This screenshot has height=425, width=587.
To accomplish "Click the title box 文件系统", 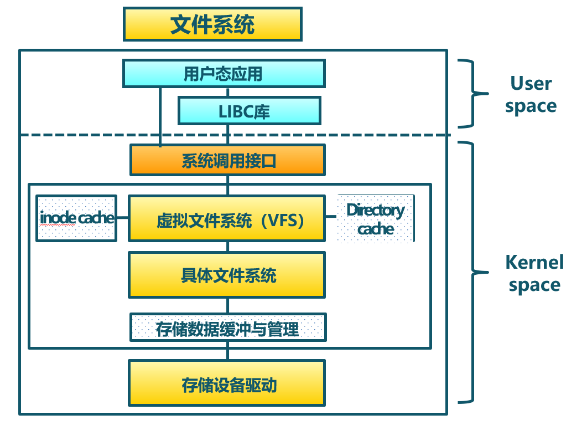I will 212,24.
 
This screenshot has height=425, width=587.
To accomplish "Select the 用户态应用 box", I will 223,74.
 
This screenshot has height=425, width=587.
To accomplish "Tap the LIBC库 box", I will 249,111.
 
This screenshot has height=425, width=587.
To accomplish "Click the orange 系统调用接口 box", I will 227,160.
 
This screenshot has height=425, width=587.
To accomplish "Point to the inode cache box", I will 76,218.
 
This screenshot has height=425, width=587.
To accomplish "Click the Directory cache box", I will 376,219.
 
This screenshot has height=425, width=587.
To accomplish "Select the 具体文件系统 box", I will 227,275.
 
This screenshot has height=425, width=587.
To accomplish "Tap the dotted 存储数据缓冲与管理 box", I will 227,327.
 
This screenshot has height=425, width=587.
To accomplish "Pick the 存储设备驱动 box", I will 227,383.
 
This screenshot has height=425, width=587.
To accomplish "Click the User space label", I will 531,95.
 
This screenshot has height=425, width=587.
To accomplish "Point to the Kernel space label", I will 534,273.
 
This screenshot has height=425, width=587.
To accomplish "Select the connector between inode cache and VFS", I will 122,218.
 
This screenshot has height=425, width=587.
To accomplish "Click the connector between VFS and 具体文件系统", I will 227,247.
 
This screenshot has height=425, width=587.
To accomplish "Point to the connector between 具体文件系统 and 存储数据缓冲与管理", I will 227,305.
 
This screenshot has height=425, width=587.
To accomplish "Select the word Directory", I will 376,210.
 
